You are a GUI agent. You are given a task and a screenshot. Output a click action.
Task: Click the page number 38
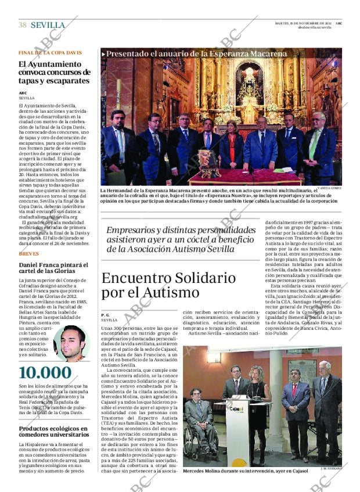pos(23,25)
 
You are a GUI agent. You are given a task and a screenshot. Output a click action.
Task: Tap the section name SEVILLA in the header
pos(48,25)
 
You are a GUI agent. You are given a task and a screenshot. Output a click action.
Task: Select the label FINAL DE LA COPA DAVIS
pos(50,52)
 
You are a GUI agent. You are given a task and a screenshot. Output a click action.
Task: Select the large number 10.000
pos(45,373)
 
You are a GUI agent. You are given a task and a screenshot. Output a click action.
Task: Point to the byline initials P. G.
pos(106,314)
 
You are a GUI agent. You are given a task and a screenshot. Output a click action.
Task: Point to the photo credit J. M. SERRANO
pos(330,468)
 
